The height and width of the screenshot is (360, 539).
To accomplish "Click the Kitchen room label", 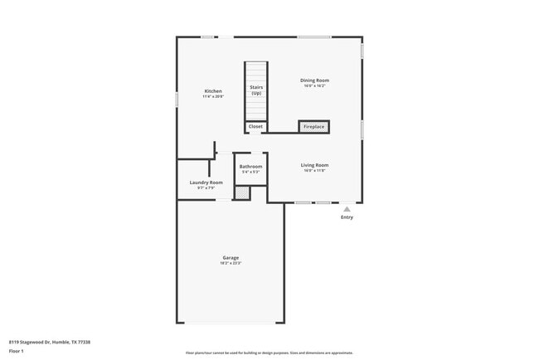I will pyautogui.click(x=213, y=90).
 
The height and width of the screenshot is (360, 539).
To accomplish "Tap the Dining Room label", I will pyautogui.click(x=314, y=80).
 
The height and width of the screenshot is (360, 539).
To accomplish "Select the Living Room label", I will pyautogui.click(x=314, y=165).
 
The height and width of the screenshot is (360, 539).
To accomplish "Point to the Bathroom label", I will pyautogui.click(x=250, y=167).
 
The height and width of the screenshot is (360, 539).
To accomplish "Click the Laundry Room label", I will pyautogui.click(x=206, y=182).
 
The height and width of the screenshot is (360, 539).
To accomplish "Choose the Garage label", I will pyautogui.click(x=231, y=258).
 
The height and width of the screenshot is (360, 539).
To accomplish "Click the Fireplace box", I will pyautogui.click(x=313, y=127).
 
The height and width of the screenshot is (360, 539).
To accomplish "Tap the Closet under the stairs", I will pyautogui.click(x=255, y=127).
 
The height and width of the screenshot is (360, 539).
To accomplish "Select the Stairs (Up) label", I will pyautogui.click(x=256, y=90).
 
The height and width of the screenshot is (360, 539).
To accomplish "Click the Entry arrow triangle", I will pyautogui.click(x=347, y=209).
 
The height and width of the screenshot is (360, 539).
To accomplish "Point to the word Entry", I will pyautogui.click(x=347, y=217).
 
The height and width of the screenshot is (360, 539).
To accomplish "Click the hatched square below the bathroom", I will pyautogui.click(x=241, y=193).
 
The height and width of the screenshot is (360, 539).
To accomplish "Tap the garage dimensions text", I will pyautogui.click(x=231, y=264).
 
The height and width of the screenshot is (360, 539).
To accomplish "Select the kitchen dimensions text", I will pyautogui.click(x=213, y=96).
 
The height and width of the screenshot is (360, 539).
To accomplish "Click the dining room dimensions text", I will pyautogui.click(x=314, y=86).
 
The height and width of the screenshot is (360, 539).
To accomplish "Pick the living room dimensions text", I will pyautogui.click(x=314, y=171).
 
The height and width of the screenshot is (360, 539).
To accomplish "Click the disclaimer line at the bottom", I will pyautogui.click(x=269, y=353).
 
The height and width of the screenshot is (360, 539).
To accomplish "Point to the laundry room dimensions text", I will pyautogui.click(x=206, y=188).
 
